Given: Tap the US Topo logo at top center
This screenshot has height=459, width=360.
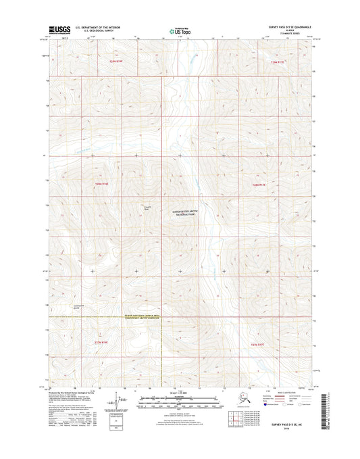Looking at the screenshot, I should pos(178,30).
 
